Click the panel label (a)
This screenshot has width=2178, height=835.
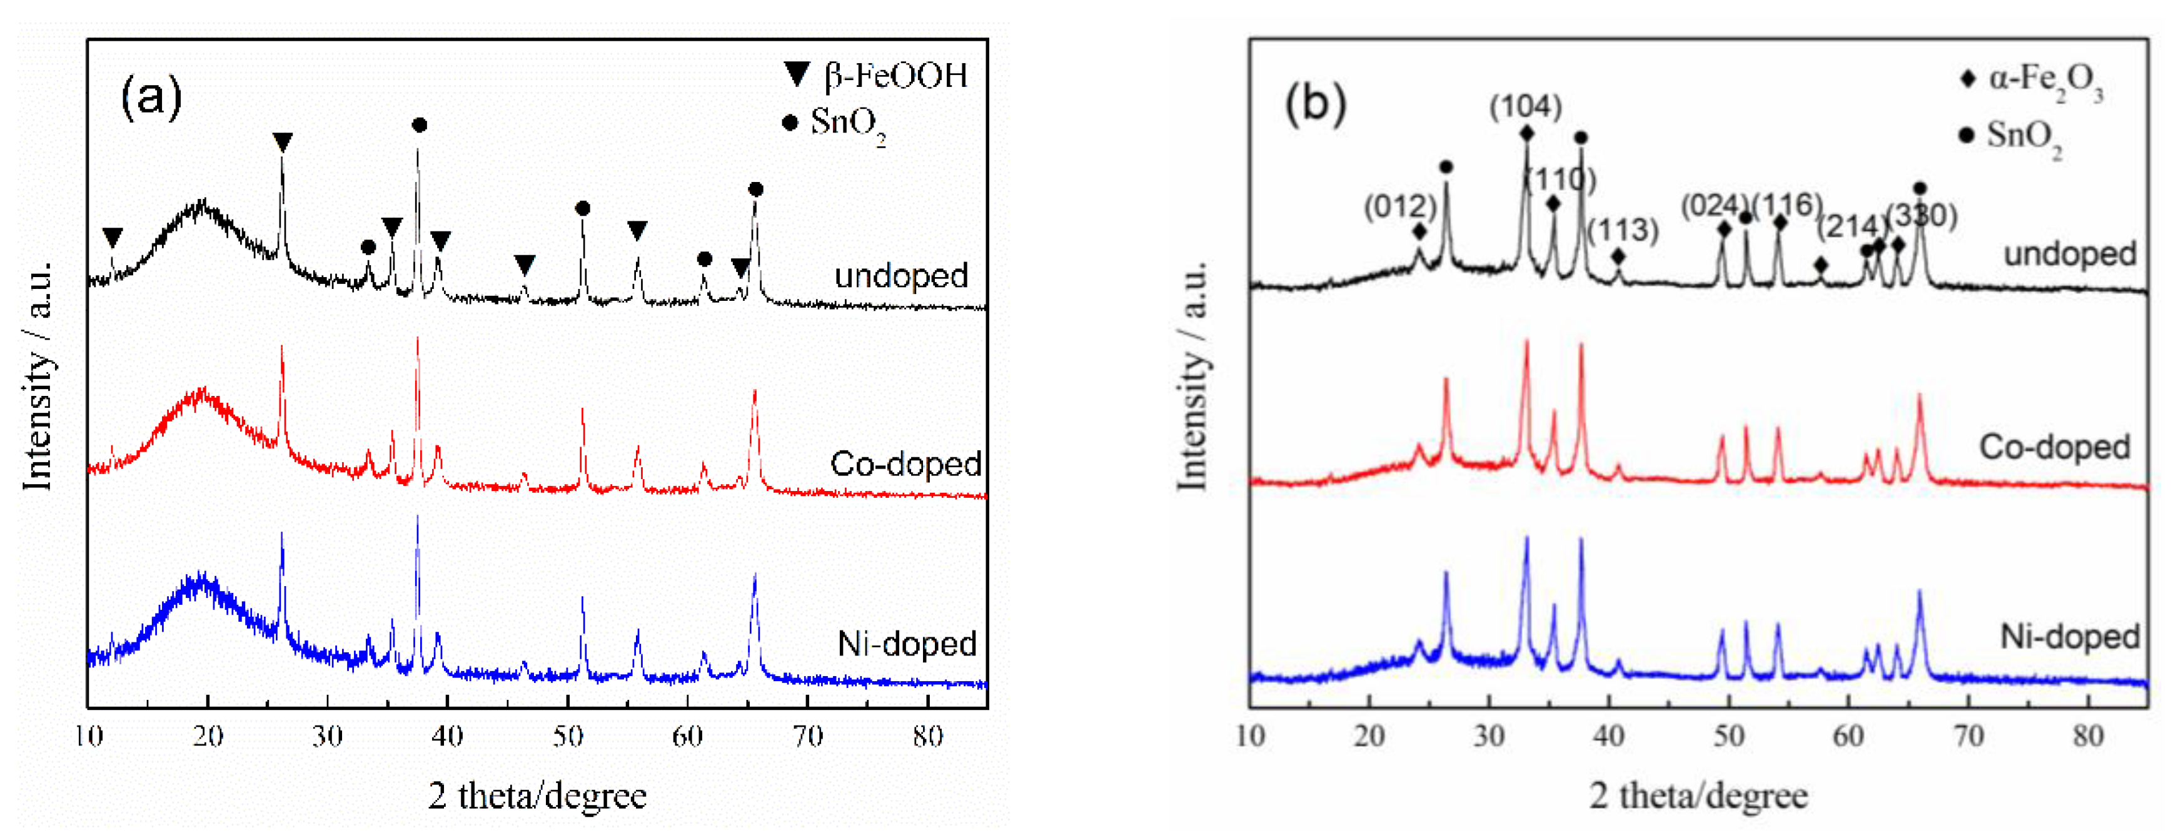pos(151,96)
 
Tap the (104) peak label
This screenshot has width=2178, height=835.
pos(1525,106)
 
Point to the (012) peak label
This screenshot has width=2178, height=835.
pos(1400,206)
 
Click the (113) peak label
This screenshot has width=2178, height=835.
pos(1623,230)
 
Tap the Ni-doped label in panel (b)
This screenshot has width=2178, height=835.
pos(2069,636)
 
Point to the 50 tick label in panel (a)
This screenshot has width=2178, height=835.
pos(567,736)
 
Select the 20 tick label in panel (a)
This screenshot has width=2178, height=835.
pos(207,736)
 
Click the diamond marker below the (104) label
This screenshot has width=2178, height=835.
pos(1526,134)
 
